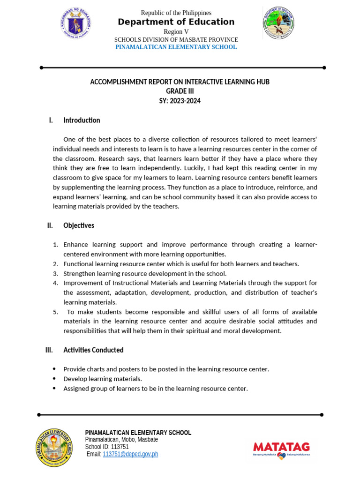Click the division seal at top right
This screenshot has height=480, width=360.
(x=278, y=22)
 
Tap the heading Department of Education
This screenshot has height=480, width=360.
(x=176, y=22)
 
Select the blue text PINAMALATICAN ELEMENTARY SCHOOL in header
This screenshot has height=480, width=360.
(x=176, y=47)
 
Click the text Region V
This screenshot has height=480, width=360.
(x=176, y=31)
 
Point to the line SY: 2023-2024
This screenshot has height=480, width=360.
(x=180, y=101)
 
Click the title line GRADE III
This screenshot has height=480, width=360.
(x=180, y=91)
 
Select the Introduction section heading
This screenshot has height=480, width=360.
(x=82, y=120)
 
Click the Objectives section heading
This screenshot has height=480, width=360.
(x=79, y=225)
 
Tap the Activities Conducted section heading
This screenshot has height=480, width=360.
(x=93, y=350)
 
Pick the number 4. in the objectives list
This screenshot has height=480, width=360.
(x=55, y=283)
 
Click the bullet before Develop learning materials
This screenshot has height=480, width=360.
(x=54, y=379)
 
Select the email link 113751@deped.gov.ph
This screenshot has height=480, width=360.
(x=130, y=454)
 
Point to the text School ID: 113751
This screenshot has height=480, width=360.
(x=107, y=447)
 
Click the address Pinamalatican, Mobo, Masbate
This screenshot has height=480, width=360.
(x=121, y=440)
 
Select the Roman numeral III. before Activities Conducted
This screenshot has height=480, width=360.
(x=49, y=350)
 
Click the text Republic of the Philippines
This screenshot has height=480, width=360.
(x=176, y=13)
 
